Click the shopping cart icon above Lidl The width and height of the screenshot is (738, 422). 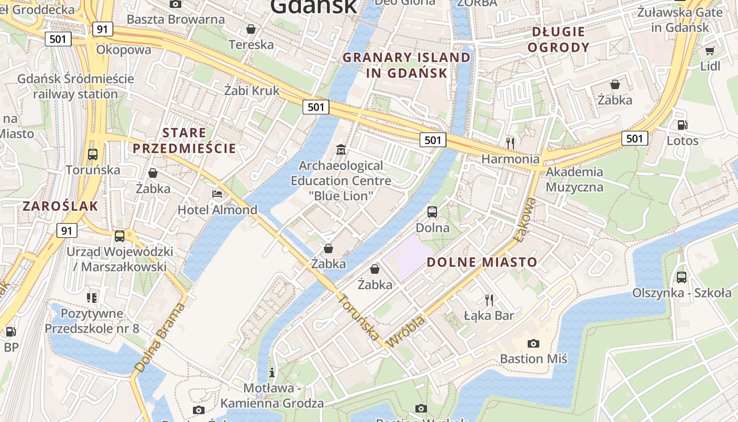[x=710, y=51]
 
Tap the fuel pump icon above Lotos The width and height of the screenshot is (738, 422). [x=682, y=125]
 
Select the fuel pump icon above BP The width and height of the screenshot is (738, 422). [x=11, y=332]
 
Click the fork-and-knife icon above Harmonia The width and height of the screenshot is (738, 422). [x=510, y=143]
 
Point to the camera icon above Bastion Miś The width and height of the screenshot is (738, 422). [x=533, y=343]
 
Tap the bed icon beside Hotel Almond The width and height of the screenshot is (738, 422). [x=217, y=194]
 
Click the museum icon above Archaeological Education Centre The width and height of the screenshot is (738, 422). [x=341, y=150]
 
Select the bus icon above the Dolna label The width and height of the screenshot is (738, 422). [x=432, y=212]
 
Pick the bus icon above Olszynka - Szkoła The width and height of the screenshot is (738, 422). [x=681, y=277]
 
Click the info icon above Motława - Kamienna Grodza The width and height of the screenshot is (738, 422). [x=271, y=372]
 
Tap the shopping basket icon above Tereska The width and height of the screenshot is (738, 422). [x=251, y=28]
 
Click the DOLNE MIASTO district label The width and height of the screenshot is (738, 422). [x=482, y=262]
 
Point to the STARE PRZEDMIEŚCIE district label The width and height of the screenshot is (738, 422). [x=184, y=140]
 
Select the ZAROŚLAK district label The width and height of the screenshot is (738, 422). [x=60, y=206]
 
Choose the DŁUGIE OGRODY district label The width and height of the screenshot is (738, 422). [x=558, y=40]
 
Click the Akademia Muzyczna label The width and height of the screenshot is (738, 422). [x=574, y=179]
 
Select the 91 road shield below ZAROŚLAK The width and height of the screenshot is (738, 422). [x=66, y=231]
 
